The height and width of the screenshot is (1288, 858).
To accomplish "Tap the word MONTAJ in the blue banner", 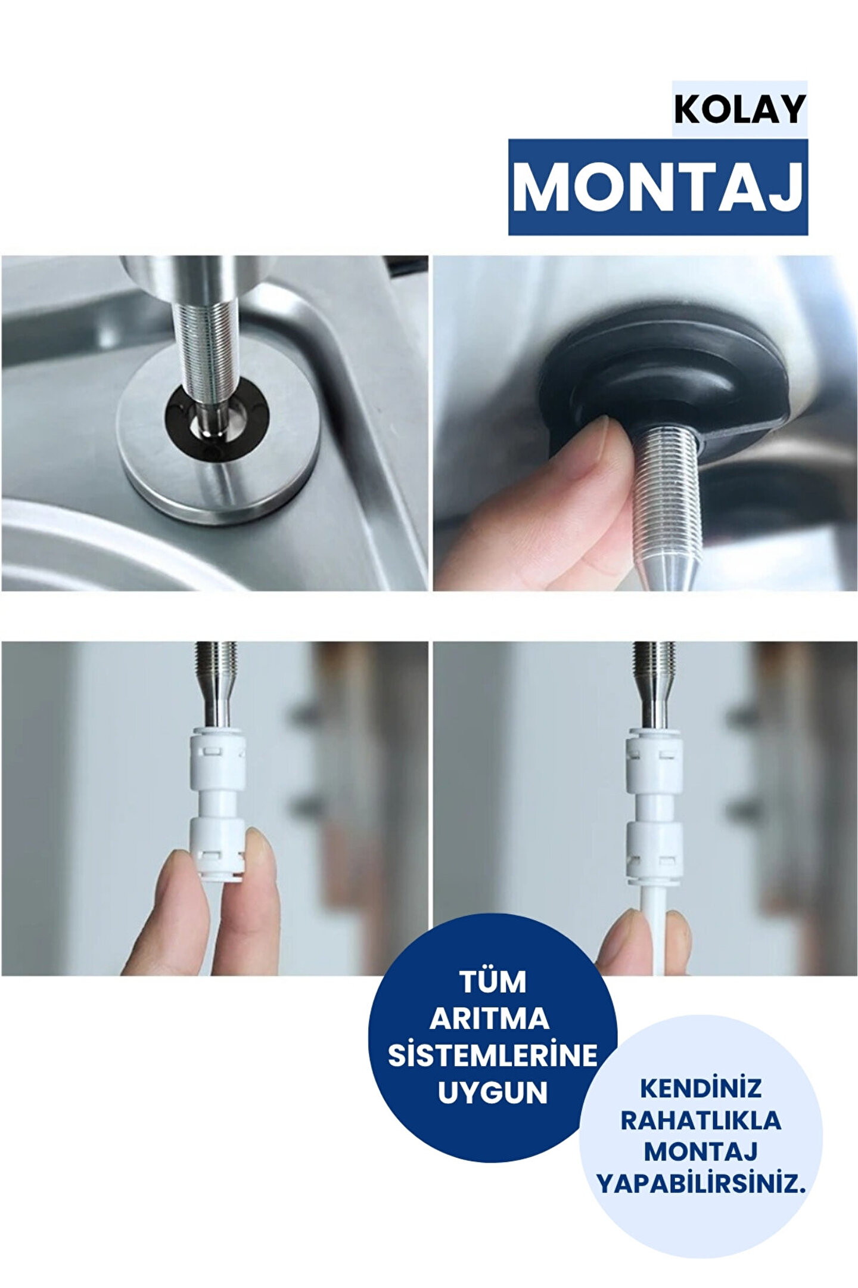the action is (658, 187).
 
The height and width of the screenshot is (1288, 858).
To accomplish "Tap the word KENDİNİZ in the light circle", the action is (701, 1088).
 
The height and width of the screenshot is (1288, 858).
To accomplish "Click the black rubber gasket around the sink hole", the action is (217, 425).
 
